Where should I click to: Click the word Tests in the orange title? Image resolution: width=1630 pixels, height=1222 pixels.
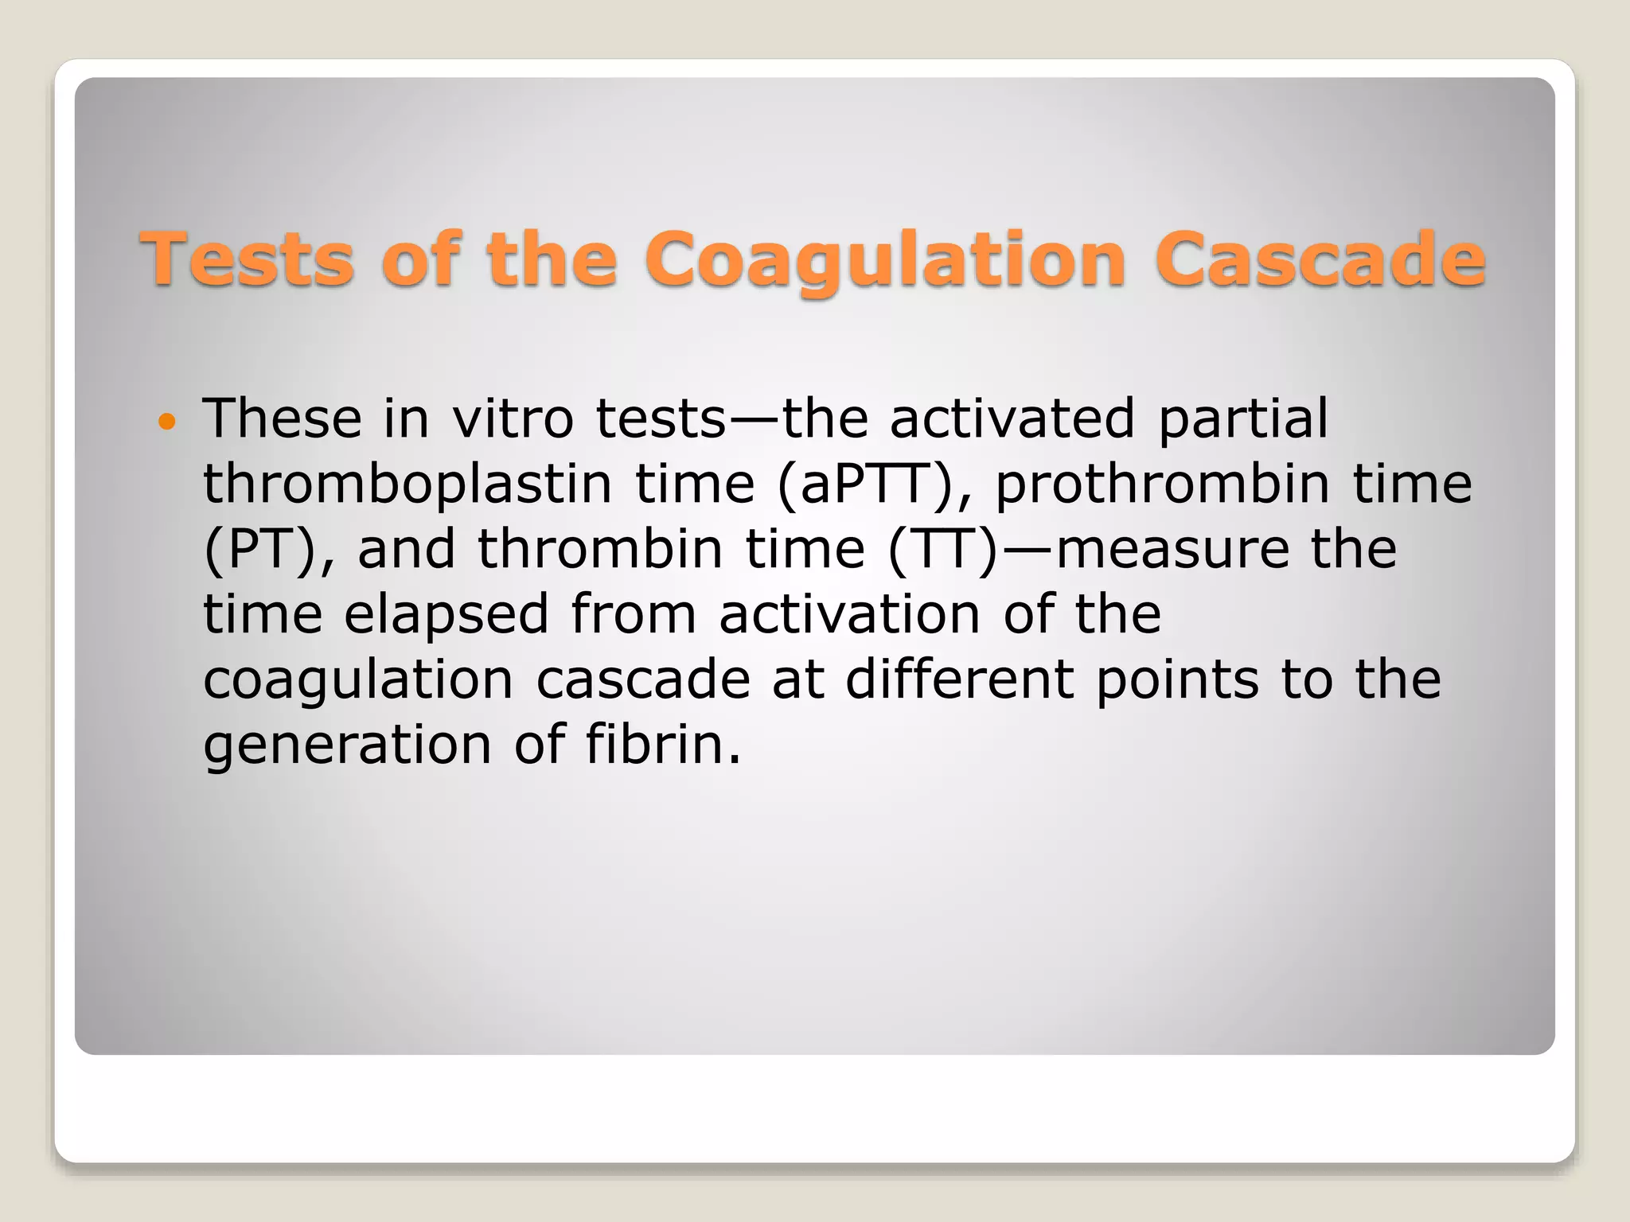tap(247, 259)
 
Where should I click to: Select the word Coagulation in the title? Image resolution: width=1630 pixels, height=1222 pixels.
tap(886, 260)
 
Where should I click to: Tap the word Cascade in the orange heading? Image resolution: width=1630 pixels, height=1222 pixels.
tap(1320, 259)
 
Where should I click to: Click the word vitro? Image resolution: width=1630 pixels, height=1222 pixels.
tap(513, 418)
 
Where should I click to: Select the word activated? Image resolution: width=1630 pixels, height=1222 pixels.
tap(1012, 418)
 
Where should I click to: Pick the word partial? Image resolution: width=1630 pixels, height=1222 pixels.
tap(1243, 420)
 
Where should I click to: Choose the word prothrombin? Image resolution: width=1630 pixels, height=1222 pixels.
tap(1163, 485)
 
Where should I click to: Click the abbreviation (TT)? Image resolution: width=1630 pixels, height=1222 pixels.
tap(942, 550)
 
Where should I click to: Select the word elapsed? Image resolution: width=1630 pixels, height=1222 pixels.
tap(446, 615)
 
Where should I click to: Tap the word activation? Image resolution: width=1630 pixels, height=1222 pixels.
tap(849, 614)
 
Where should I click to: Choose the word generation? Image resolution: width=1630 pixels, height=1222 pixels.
tap(348, 745)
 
